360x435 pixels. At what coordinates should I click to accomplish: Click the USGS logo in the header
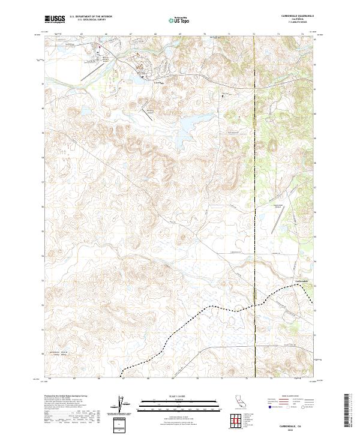55,20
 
